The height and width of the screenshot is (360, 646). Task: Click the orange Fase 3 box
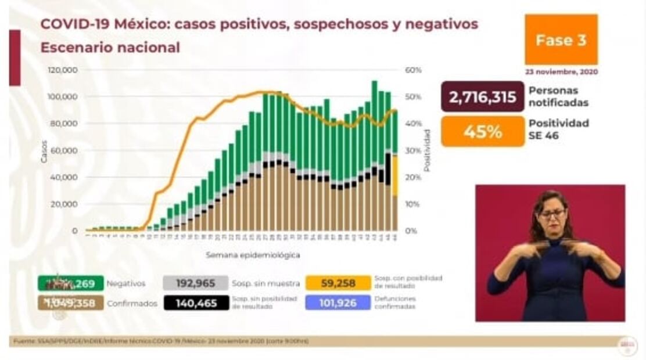tap(561, 39)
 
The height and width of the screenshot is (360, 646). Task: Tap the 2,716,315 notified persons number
tap(482, 97)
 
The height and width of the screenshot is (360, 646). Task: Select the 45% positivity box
tap(482, 131)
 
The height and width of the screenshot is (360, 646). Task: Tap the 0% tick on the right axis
tap(411, 231)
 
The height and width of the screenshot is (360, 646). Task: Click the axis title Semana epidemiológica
tap(252, 255)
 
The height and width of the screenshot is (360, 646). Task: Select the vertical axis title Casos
tap(44, 151)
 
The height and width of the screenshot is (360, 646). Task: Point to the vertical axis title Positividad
tap(427, 150)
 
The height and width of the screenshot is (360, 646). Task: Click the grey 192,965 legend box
tap(196, 283)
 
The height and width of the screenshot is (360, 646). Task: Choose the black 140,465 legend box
tap(196, 303)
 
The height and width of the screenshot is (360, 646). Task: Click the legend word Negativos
tap(125, 284)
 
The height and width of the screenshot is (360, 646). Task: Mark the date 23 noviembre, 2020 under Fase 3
tap(561, 73)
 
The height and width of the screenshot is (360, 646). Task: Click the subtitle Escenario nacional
tap(110, 48)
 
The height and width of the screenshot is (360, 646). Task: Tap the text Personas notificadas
tap(558, 97)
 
